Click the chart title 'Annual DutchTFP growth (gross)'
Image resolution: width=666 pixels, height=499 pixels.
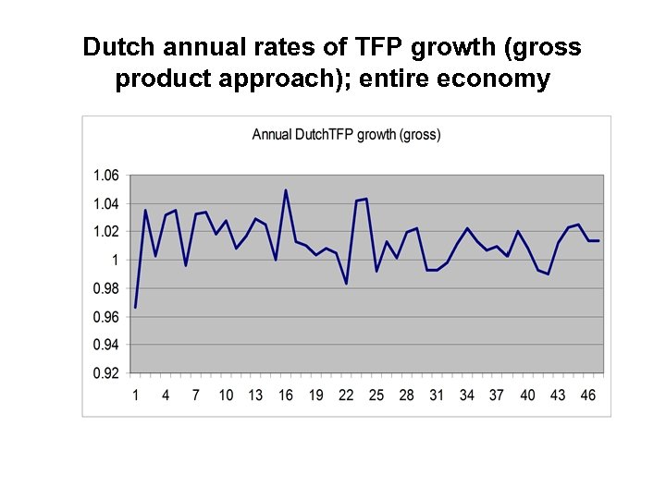tap(346, 135)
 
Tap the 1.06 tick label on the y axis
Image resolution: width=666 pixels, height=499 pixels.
tap(105, 176)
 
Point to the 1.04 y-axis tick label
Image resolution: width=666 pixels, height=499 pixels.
tap(105, 203)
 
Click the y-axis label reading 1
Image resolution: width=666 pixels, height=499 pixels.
tap(115, 261)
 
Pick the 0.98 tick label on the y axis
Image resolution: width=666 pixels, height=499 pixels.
tap(105, 288)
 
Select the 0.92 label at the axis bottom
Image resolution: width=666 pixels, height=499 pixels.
tap(105, 373)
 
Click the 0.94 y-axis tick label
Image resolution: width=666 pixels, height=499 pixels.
tap(105, 345)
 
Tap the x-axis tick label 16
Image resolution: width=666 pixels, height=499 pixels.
tap(286, 395)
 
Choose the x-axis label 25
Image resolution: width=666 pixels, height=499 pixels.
tap(376, 395)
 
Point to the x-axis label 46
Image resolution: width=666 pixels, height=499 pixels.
tap(587, 395)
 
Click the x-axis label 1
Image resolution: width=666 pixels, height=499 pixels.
tap(135, 395)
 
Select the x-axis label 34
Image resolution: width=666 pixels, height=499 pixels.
tap(467, 395)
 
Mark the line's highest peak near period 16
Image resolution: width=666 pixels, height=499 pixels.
tap(286, 190)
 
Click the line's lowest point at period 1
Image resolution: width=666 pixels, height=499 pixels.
tap(135, 307)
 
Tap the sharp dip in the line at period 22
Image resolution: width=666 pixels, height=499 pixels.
tap(346, 284)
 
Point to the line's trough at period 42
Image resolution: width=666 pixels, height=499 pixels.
tap(548, 274)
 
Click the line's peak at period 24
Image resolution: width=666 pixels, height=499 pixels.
tap(366, 199)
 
